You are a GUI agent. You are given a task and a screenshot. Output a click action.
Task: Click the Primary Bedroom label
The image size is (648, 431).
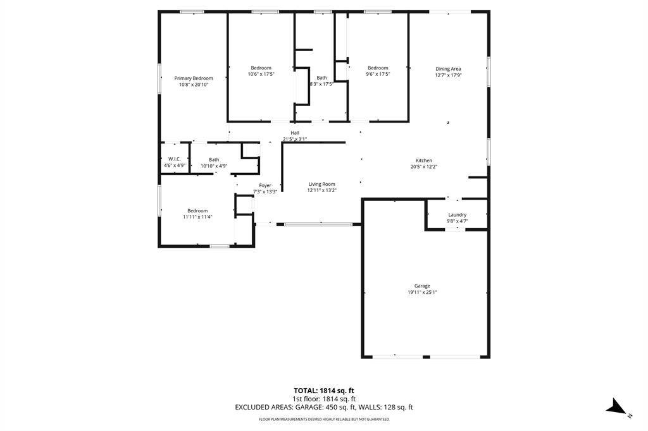pos(194,78)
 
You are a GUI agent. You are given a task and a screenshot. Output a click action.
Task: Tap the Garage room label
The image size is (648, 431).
pos(422,286)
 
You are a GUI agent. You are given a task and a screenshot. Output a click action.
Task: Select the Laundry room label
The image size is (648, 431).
pos(457,215)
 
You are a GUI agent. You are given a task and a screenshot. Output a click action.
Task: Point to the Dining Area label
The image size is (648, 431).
pos(448,69)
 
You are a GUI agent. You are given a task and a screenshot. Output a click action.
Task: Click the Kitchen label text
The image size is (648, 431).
pos(423,161)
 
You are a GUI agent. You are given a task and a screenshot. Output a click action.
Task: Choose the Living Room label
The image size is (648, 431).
pos(321,184)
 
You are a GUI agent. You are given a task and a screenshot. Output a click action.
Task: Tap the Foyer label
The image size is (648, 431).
pos(265,185)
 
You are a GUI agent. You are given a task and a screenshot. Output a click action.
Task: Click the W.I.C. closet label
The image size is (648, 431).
pos(175,159)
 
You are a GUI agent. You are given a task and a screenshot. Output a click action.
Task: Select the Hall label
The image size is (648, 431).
pos(295,133)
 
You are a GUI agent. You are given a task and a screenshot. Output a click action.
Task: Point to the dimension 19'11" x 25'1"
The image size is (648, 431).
pos(422,293)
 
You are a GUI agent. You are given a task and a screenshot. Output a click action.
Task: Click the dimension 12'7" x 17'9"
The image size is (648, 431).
pos(448,75)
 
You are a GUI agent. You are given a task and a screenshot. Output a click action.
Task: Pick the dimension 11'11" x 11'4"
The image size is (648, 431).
pos(197,217)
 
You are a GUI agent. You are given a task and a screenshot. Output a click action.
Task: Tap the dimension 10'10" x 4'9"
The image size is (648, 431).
pos(214,166)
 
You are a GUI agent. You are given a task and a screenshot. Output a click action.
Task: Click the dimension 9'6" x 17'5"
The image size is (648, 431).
pos(378,75)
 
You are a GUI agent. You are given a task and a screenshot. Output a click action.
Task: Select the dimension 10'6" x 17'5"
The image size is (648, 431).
pos(261,75)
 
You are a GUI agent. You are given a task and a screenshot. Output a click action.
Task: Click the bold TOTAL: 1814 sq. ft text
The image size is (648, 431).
pos(324,391)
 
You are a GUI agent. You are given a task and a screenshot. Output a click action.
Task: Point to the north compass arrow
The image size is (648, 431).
pos(617,406)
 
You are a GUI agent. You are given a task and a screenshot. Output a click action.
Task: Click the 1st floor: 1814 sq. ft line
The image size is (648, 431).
pos(324,399)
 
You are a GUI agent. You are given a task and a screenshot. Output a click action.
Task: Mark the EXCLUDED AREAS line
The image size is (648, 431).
pos(324,408)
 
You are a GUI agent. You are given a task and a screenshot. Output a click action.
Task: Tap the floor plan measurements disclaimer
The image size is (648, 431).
pos(324,420)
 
